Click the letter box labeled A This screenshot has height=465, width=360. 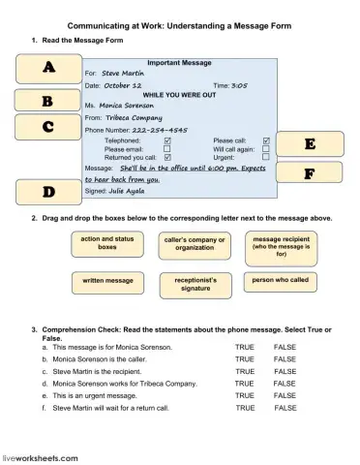click(x=48, y=69)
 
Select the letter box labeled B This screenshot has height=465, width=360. click(x=47, y=101)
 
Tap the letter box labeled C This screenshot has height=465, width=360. click(x=47, y=126)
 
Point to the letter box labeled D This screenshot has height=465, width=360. click(x=48, y=192)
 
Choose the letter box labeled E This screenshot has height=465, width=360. click(x=310, y=144)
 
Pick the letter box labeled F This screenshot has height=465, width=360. click(x=310, y=173)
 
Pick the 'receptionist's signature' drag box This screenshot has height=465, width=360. click(x=195, y=283)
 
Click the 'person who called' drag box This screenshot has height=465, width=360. click(x=282, y=281)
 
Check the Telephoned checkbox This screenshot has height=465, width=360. click(x=167, y=140)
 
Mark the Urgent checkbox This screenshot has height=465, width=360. click(x=266, y=157)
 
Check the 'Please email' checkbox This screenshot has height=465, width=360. click(x=167, y=149)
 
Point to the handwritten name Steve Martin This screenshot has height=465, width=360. click(x=122, y=73)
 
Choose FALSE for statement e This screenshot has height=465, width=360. click(x=285, y=395)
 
